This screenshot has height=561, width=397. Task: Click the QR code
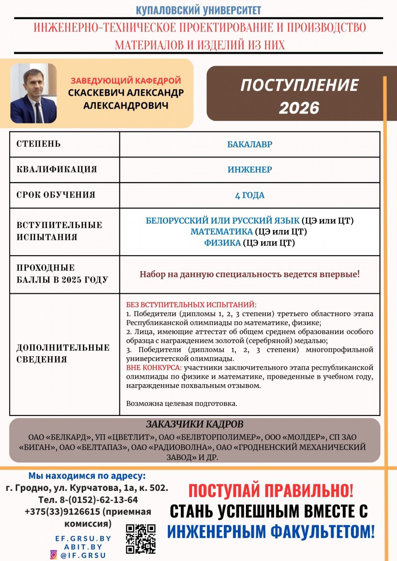(140, 539)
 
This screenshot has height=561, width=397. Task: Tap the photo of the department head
(33, 93)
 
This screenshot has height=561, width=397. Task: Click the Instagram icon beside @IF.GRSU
(53, 555)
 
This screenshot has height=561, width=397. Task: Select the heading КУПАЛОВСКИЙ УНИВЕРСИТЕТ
(198, 10)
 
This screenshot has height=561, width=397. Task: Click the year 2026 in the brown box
(299, 108)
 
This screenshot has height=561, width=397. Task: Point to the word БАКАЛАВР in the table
(249, 144)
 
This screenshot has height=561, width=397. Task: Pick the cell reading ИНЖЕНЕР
(249, 170)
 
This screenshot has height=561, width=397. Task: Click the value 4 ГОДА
(249, 195)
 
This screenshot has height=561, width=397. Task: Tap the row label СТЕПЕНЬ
(38, 144)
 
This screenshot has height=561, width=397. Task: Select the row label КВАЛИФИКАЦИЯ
(57, 169)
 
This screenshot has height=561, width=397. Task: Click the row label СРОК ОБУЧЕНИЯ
(56, 195)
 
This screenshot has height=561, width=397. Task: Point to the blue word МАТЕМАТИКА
(221, 232)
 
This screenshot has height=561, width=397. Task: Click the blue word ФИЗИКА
(222, 243)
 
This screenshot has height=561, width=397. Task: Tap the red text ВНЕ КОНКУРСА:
(154, 367)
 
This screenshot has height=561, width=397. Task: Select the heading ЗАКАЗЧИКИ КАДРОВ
(194, 424)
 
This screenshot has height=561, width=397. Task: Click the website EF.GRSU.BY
(83, 539)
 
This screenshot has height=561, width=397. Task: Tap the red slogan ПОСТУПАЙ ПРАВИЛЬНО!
(271, 490)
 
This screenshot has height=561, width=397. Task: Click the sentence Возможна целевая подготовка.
(182, 404)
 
